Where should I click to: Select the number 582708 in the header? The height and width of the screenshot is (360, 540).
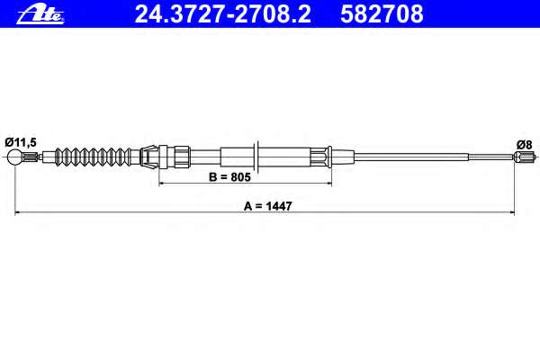[x=382, y=13]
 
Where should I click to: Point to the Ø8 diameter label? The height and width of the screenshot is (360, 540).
[x=522, y=143]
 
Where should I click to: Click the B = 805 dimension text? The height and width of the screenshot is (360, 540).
[x=229, y=176]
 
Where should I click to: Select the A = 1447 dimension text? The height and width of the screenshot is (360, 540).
[x=268, y=205]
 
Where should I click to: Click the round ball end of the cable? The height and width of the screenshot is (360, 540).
[x=16, y=159]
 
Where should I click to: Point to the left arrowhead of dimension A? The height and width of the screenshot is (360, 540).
[x=19, y=213]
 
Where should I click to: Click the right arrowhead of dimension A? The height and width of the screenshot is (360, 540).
[x=511, y=213]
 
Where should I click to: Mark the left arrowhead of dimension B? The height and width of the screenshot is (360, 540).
[x=163, y=184]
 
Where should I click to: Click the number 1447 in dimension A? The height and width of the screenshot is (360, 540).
[x=280, y=205]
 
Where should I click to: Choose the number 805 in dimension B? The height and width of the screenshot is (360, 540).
[x=238, y=176]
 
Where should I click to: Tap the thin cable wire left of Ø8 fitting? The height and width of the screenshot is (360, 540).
[x=432, y=158]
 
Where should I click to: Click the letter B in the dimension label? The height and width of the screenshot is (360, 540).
[x=212, y=176]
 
